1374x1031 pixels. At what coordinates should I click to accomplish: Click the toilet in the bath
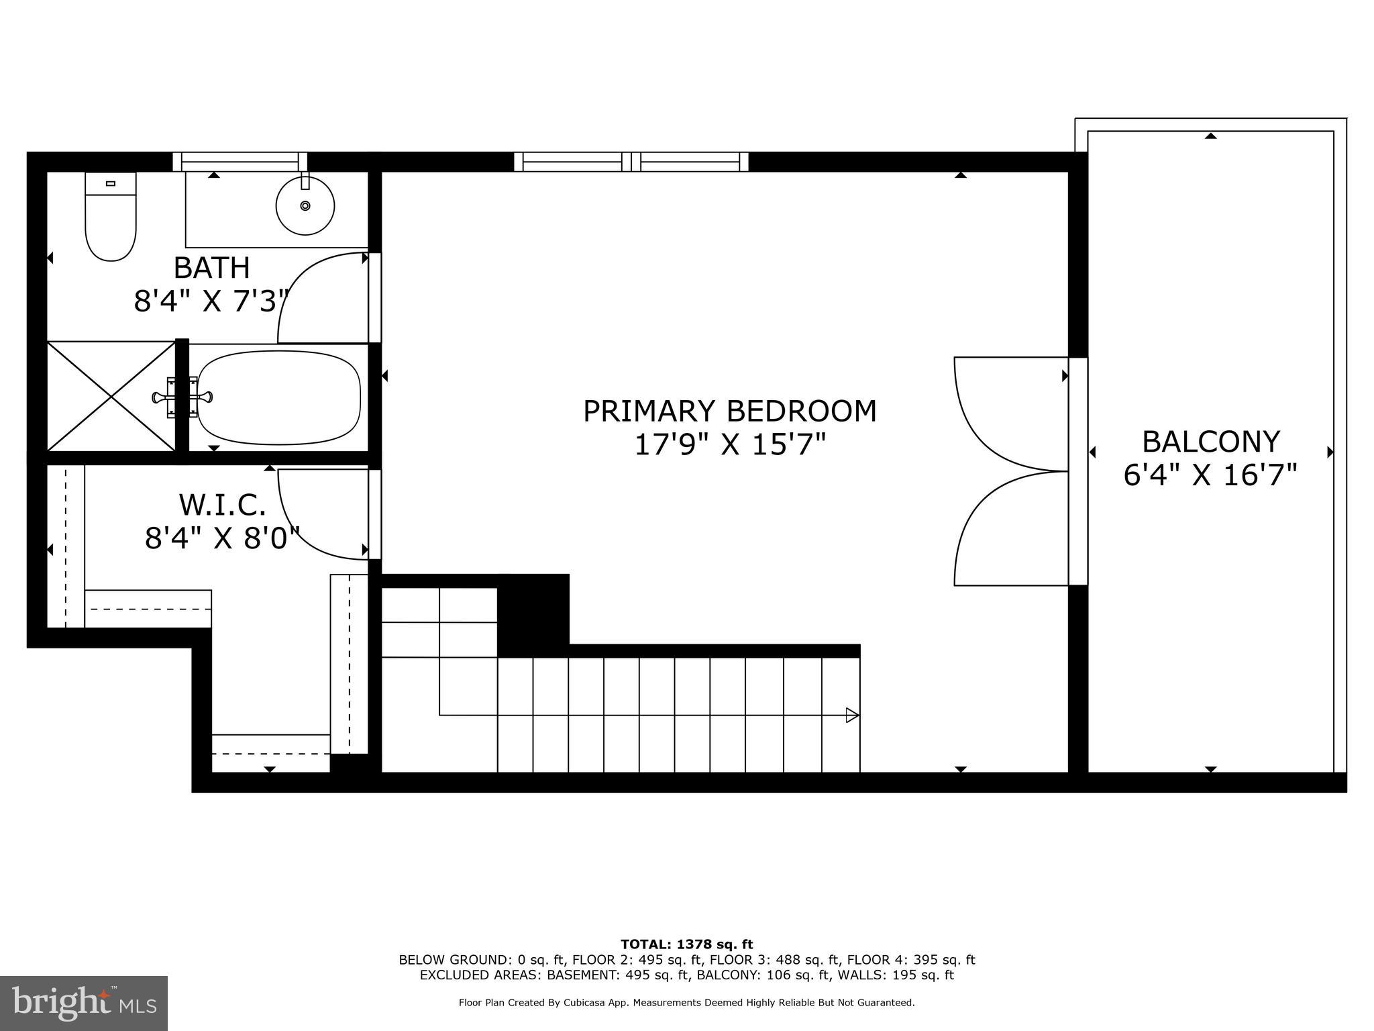[111, 216]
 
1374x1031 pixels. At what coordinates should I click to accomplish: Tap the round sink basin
[305, 205]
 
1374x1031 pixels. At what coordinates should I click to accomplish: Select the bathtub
[278, 397]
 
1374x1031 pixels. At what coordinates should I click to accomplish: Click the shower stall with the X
[111, 396]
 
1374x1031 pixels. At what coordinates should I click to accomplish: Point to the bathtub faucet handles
[182, 397]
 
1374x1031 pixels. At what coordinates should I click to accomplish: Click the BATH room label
[211, 268]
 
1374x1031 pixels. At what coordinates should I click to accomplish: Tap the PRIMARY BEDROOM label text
[729, 411]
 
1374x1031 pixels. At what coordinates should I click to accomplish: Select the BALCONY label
[1210, 442]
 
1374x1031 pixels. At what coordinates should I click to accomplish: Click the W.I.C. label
[222, 504]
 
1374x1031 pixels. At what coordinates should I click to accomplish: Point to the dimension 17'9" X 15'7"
[729, 444]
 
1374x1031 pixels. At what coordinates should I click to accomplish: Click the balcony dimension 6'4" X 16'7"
[1210, 475]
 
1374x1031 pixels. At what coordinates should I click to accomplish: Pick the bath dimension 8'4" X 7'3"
[211, 301]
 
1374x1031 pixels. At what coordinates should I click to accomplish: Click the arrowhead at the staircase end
[852, 715]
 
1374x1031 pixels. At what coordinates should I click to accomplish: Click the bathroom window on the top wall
[240, 162]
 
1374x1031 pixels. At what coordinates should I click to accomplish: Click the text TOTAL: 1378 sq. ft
[686, 944]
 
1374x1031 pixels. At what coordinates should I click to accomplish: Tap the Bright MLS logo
[83, 1003]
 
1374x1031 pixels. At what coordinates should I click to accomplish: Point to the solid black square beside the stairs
[533, 615]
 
